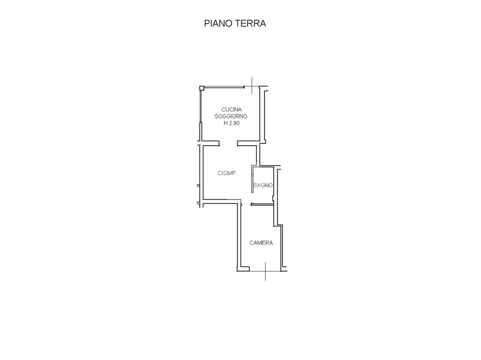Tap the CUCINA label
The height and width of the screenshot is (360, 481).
[231, 109]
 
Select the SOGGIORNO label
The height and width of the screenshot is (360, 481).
[231, 116]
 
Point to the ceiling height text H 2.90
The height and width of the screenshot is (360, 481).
[231, 123]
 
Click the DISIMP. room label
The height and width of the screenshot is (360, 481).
[228, 173]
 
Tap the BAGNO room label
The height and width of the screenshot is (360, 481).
[263, 185]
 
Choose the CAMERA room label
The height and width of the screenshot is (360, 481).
[261, 243]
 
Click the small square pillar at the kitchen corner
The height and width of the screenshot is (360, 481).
[202, 88]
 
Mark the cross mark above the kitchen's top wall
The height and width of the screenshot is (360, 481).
[252, 85]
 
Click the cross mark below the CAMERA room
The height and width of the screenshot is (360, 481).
[265, 271]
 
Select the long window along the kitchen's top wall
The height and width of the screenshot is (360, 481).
[224, 87]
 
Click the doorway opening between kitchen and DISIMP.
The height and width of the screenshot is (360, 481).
[228, 143]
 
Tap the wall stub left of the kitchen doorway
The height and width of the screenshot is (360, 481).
[210, 143]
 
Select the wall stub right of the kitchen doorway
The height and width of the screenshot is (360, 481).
[248, 143]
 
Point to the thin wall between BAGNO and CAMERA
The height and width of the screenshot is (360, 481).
[262, 204]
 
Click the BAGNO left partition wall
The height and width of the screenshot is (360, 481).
[252, 180]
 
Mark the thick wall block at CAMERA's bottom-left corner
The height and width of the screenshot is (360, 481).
[243, 269]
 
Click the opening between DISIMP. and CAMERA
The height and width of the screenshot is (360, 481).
[246, 204]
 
